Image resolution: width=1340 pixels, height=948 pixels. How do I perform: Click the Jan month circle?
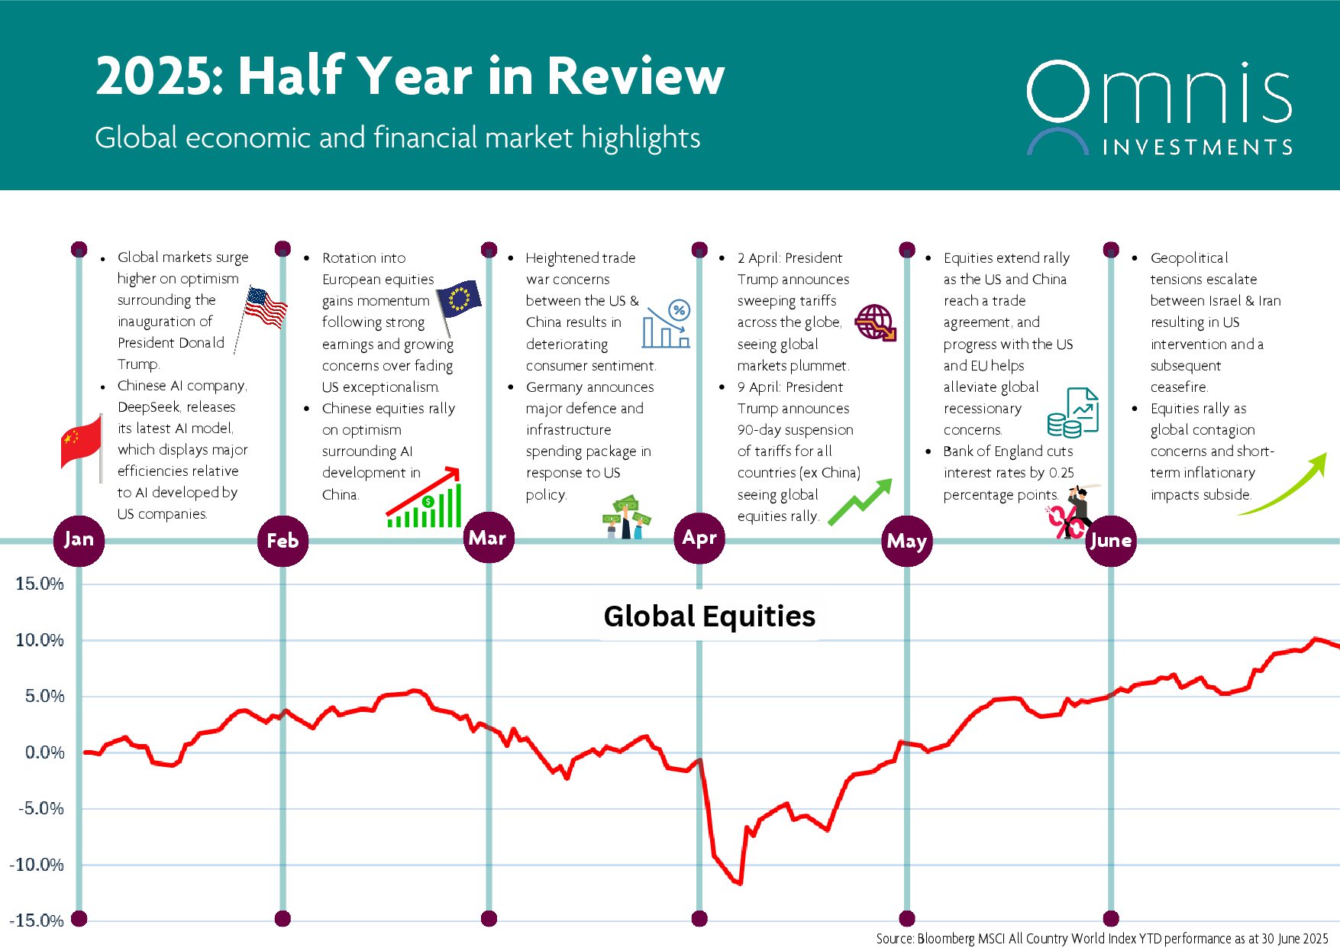[x=79, y=540]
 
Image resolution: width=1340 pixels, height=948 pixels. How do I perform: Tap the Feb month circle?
[x=283, y=541]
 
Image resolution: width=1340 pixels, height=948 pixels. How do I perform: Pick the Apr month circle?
[x=699, y=538]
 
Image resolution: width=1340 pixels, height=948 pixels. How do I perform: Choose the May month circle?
[x=907, y=541]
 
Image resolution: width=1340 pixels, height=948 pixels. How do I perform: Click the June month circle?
[x=1111, y=541]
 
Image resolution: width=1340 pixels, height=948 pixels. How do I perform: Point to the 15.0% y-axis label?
[x=40, y=584]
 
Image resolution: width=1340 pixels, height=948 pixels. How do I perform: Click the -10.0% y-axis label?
[x=37, y=865]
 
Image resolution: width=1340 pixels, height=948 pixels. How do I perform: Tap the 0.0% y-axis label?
[x=44, y=752]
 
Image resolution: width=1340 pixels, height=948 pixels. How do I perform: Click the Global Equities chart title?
[x=709, y=616]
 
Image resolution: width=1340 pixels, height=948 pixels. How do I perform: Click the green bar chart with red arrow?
[x=425, y=500]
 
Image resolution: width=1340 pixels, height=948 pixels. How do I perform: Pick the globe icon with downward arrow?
[x=875, y=322]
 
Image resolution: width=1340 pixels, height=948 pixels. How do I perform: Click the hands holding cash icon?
[x=626, y=517]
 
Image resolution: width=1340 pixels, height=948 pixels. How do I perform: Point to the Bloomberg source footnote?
[x=1102, y=939]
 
